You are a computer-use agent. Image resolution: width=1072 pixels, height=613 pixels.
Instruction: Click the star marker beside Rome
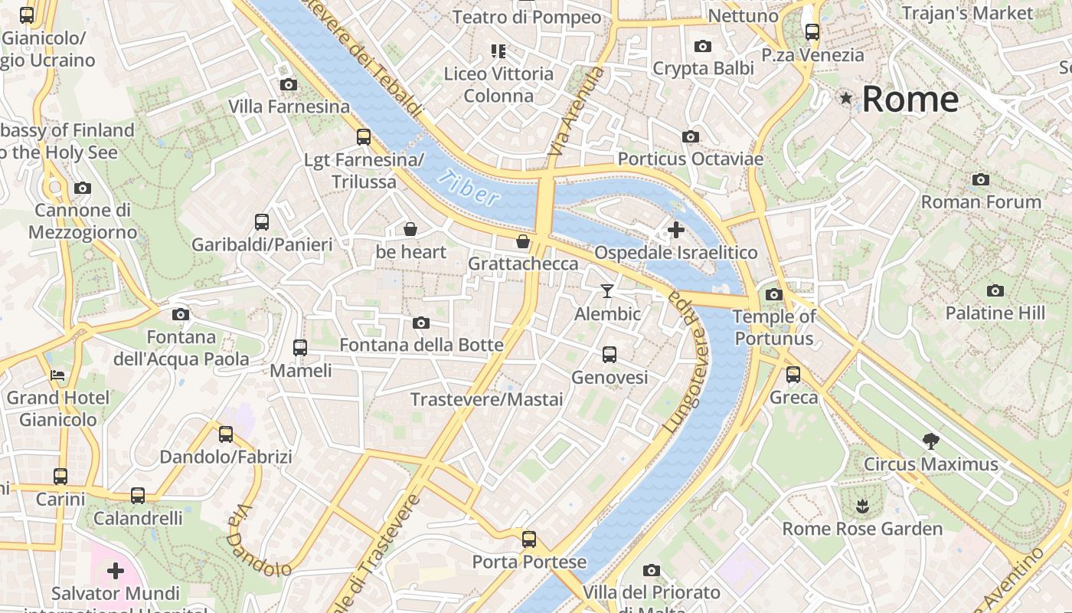846,98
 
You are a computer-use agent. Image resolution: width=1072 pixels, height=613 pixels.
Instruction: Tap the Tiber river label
469,188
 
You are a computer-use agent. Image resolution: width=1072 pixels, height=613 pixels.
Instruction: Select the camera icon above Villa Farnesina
289,84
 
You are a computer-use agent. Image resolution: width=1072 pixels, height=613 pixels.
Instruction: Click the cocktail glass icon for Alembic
607,290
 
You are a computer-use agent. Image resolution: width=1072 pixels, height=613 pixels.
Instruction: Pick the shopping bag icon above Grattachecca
523,241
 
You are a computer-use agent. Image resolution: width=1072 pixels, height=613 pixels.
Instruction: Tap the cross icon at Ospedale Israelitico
675,229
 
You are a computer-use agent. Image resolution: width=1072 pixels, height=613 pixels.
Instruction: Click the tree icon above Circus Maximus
930,441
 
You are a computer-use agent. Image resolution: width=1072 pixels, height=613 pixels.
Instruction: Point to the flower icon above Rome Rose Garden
862,506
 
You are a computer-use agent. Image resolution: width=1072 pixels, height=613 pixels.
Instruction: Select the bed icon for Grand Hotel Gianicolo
57,375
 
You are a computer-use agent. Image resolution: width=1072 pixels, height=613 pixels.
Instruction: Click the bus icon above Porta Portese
529,539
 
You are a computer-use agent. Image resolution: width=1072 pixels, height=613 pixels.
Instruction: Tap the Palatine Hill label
995,313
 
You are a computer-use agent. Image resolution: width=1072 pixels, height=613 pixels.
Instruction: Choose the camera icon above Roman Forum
980,180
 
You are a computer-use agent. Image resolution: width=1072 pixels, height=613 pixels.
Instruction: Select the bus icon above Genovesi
610,354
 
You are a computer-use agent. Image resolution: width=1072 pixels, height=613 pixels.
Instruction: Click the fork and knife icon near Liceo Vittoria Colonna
498,51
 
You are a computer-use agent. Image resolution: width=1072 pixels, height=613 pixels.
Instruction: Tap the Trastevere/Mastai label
486,399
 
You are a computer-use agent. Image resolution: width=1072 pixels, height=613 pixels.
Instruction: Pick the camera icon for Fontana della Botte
421,323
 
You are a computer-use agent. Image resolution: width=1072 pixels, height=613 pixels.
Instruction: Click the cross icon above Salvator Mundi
116,571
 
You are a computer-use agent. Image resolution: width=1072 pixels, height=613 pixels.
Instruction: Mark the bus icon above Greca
793,375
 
